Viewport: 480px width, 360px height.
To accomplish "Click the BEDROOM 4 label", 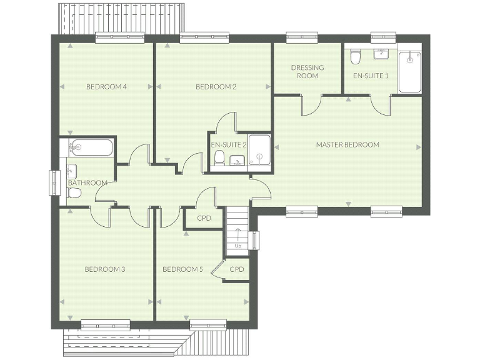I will (107, 87).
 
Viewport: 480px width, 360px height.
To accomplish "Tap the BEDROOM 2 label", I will (216, 87).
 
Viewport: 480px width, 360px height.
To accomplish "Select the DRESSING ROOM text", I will (307, 71).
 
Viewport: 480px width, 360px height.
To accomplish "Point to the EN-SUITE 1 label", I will (371, 76).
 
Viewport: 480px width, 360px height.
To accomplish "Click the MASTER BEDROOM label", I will (347, 144).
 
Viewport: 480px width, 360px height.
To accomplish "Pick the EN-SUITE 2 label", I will (229, 144).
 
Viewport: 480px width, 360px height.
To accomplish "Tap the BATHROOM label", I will (87, 182).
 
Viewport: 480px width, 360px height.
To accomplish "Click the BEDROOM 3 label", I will (105, 269).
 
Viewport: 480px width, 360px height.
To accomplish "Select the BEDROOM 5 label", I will (182, 269).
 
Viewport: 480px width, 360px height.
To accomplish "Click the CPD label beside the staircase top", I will (204, 218).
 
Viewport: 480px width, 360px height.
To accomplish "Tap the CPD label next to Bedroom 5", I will (236, 269).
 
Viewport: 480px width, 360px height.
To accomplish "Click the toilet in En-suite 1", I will (355, 58).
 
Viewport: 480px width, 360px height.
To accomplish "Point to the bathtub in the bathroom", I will (90, 148).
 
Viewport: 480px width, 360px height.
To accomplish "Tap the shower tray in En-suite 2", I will (258, 151).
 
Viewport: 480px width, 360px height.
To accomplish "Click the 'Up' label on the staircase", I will (238, 246).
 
